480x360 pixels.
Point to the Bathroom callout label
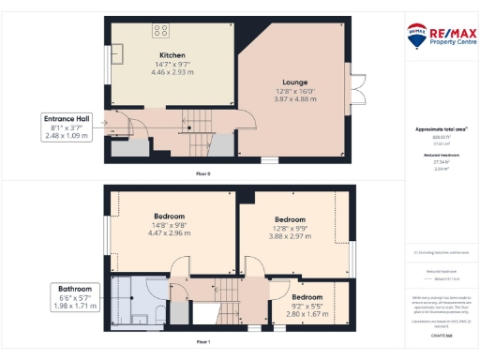[74, 289]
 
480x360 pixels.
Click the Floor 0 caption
[202, 173]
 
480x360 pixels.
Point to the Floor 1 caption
[202, 342]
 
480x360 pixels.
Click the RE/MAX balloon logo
[415, 36]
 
